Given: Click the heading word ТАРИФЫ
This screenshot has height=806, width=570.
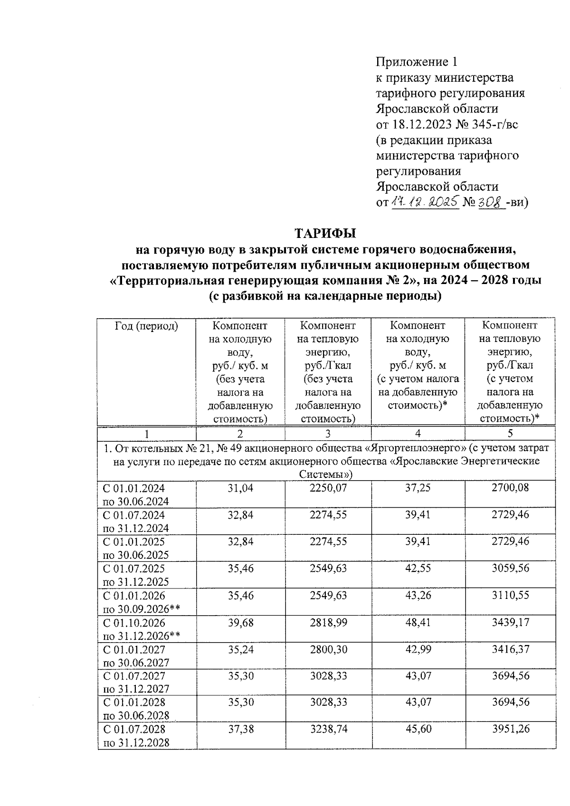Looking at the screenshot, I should click(x=325, y=234).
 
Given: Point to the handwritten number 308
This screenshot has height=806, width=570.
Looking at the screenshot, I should click(x=491, y=202).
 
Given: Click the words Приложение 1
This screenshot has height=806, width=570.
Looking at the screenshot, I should click(x=417, y=62).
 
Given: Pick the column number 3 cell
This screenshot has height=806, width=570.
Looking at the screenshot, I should click(x=328, y=433).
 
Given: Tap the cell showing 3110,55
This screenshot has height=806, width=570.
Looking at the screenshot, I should click(x=510, y=595).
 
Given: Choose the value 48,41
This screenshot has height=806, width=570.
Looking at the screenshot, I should click(x=418, y=622).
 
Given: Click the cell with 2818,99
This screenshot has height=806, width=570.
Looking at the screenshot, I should click(x=328, y=622).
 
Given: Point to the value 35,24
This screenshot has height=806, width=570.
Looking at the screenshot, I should click(x=240, y=649).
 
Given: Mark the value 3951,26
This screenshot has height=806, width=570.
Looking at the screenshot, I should click(x=510, y=729).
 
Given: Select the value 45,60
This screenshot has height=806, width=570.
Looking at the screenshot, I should click(x=418, y=729).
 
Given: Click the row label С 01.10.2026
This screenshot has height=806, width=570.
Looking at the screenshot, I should click(x=134, y=622).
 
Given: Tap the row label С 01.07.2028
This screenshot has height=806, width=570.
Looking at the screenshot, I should click(x=134, y=729).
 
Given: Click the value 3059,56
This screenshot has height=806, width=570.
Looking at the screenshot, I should click(x=510, y=569).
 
